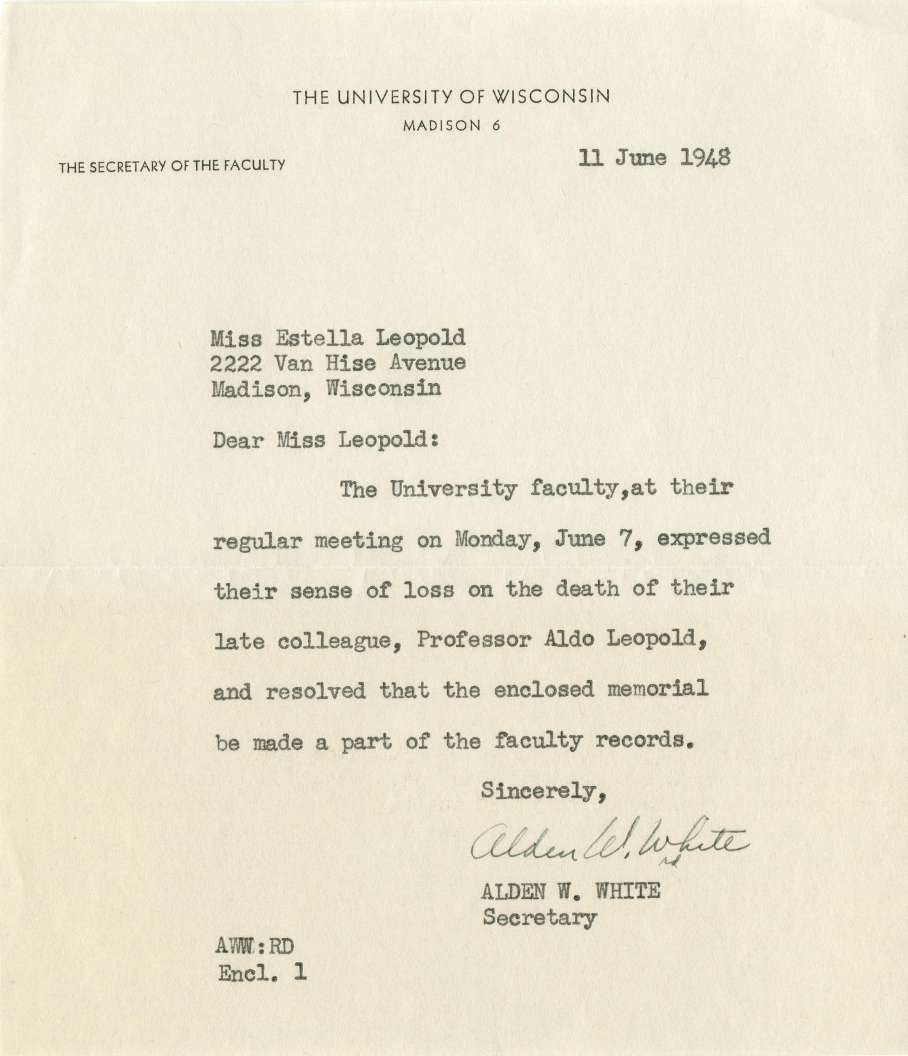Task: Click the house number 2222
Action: [x=236, y=363]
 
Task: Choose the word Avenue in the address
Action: [x=427, y=363]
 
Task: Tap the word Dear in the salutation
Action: [x=237, y=440]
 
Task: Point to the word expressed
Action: [x=713, y=538]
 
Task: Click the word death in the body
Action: [x=587, y=589]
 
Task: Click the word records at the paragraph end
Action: [x=644, y=741]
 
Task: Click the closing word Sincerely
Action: [x=543, y=791]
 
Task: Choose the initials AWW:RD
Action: [x=255, y=946]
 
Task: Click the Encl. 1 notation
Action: [x=263, y=973]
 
